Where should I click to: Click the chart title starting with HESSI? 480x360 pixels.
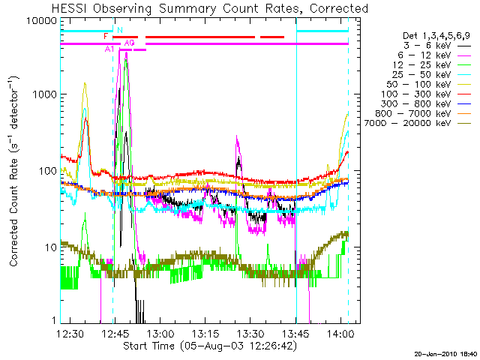point(211,8)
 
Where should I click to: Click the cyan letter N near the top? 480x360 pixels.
point(119,30)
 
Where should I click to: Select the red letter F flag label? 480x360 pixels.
point(106,36)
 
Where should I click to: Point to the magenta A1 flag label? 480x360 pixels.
point(109,49)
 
